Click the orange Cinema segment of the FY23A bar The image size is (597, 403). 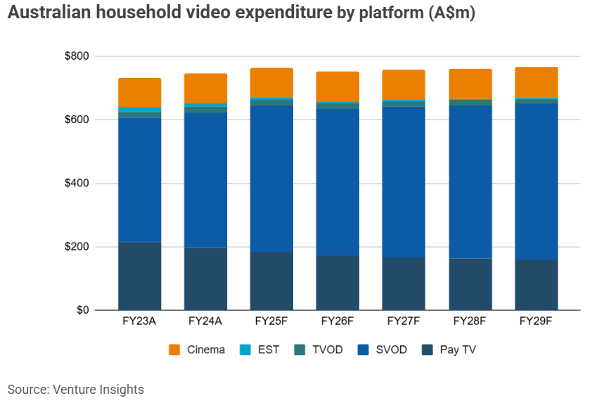[139, 92]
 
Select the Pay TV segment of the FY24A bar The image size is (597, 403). [205, 279]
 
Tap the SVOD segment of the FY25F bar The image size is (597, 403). [271, 179]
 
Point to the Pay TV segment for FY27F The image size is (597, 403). [404, 283]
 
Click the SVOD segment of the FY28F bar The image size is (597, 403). [470, 181]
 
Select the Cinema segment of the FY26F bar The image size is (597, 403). [338, 87]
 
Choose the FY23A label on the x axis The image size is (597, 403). [139, 322]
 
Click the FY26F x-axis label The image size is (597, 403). [338, 322]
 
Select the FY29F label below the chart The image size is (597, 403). [536, 322]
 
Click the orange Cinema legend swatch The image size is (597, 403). [174, 350]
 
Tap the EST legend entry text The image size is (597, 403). [268, 350]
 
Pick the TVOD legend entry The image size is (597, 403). [328, 350]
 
